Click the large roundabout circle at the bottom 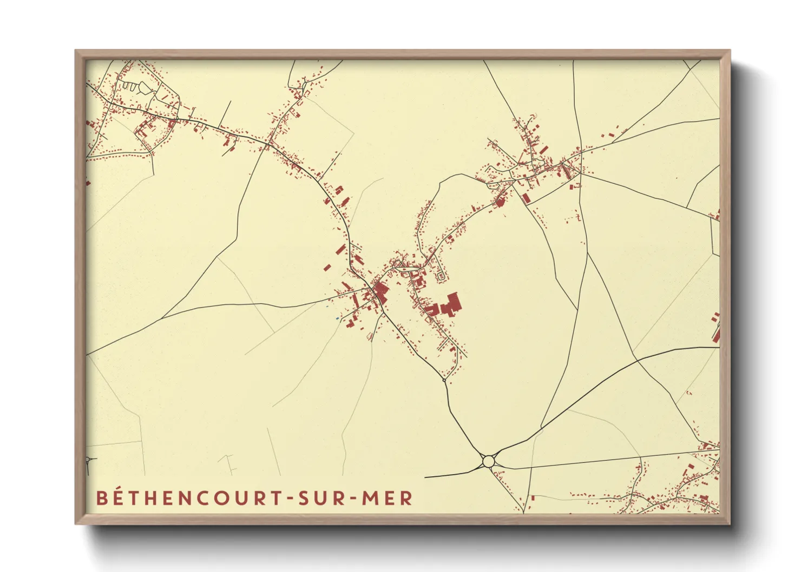click(x=489, y=461)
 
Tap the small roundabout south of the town click(x=444, y=381)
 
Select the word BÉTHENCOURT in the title click(x=186, y=498)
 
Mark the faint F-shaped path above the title click(x=229, y=464)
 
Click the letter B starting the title click(x=101, y=498)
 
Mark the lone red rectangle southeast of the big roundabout click(x=533, y=498)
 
